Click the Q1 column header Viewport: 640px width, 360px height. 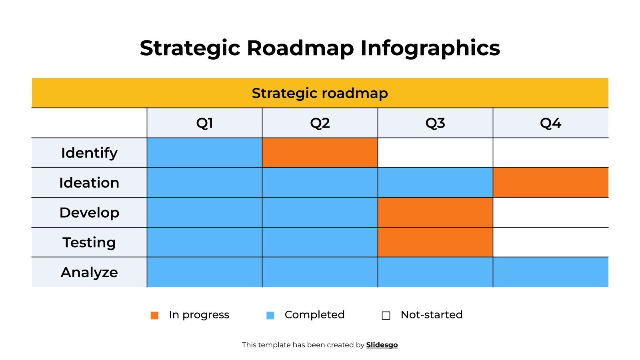pos(204,123)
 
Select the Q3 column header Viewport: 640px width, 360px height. pos(435,123)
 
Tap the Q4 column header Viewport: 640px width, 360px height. pos(550,123)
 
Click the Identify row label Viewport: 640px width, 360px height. pos(89,153)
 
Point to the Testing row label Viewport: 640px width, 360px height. pos(89,242)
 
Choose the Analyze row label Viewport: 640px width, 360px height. pos(89,272)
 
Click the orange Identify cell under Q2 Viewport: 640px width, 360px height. pos(320,153)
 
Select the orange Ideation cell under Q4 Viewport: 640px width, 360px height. pos(550,182)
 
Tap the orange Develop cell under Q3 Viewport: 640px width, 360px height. pos(435,212)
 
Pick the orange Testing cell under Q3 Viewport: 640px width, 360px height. pos(435,242)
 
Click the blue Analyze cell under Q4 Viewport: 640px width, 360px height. pos(550,272)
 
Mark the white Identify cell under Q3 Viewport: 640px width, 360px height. pos(435,153)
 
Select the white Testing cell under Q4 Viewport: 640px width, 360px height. pos(550,242)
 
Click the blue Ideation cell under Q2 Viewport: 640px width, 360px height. pos(320,182)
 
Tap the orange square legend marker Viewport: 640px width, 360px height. pos(154,315)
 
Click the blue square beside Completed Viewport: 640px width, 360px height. pos(270,315)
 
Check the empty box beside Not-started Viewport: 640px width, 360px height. pos(386,315)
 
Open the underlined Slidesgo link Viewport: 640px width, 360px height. pos(382,345)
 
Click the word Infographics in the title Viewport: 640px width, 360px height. pos(430,48)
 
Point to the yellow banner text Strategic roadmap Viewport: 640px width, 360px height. pos(320,93)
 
